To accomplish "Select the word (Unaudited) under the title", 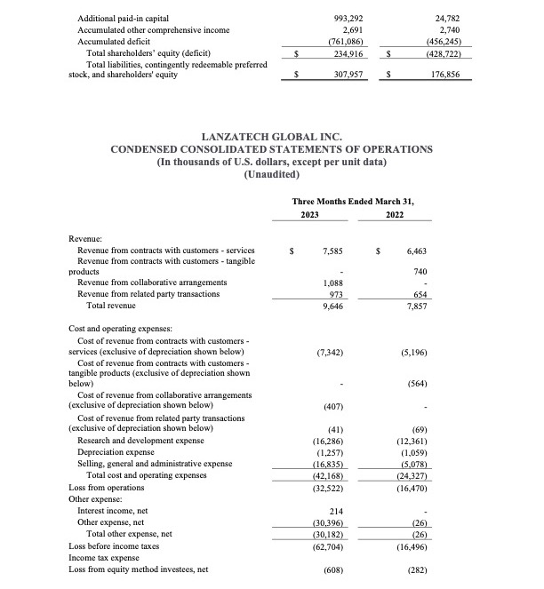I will point(271,174).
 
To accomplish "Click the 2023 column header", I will point(309,215).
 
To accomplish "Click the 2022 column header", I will point(395,215).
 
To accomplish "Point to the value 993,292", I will point(326,18).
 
